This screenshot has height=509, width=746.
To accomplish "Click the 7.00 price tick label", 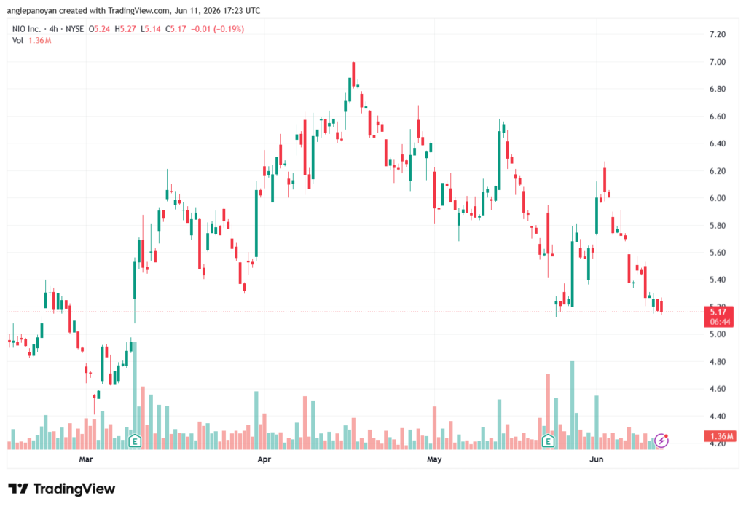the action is [x=717, y=62].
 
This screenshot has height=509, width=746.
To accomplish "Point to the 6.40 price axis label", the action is [x=717, y=143].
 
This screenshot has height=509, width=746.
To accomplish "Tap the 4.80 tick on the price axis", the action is [x=717, y=361].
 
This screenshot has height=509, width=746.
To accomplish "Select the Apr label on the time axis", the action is [x=264, y=459].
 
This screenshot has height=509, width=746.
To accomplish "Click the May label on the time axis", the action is [x=434, y=459].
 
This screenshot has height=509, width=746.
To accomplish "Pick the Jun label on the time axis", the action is [x=596, y=459].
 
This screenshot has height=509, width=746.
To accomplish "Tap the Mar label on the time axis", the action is [x=86, y=459].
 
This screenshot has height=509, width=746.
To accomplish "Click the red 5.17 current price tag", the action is [x=718, y=316].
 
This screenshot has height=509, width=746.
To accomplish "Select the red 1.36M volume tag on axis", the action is [x=720, y=436].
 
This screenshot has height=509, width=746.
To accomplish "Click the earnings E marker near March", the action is [x=135, y=441].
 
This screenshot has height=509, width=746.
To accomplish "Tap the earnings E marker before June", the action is [x=548, y=441].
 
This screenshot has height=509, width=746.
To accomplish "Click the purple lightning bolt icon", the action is [x=661, y=441].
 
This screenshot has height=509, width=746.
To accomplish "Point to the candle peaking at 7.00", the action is [x=353, y=74].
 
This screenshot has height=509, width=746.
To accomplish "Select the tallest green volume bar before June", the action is [x=573, y=406].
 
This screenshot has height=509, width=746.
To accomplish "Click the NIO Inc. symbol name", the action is [x=27, y=29].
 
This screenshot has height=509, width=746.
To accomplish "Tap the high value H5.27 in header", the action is [x=125, y=29].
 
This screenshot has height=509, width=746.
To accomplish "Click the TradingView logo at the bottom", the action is [x=62, y=489].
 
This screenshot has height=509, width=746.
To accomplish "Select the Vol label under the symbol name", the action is [x=17, y=41].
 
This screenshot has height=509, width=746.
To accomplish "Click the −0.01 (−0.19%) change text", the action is [x=217, y=29].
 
